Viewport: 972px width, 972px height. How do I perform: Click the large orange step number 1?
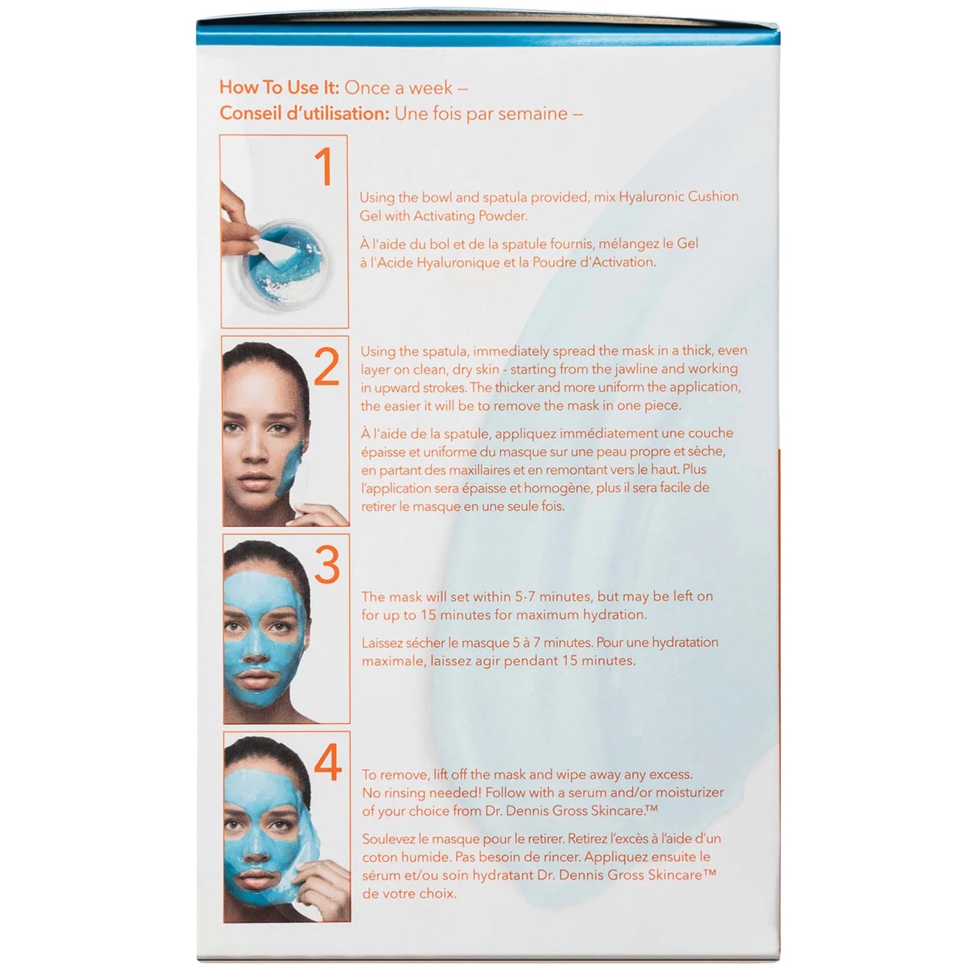324,167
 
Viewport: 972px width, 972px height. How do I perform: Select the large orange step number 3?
327,566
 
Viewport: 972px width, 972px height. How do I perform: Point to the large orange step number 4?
328,763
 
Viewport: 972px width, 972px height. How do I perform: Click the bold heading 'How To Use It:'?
279,87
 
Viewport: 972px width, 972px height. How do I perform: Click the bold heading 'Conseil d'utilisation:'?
304,113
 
